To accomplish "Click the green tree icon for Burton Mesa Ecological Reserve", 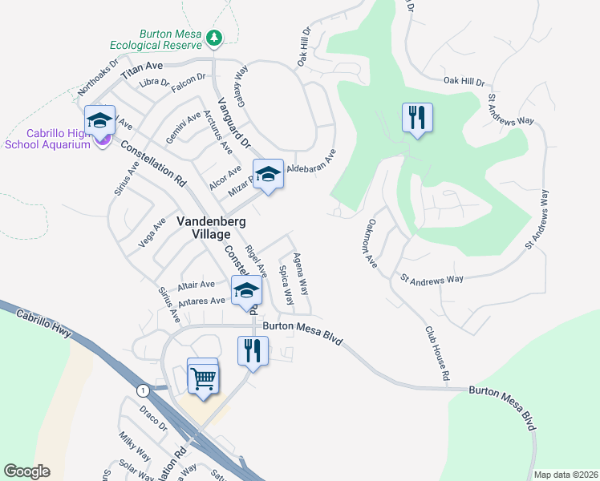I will (213, 37).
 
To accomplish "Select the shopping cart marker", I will (203, 376).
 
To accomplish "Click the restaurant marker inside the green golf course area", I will (417, 119).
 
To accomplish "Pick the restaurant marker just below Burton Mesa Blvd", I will (253, 351).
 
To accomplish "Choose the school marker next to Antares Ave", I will (246, 291).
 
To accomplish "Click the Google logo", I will (26, 471).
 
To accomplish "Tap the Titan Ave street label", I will (141, 71).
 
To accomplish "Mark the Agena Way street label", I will (301, 273).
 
